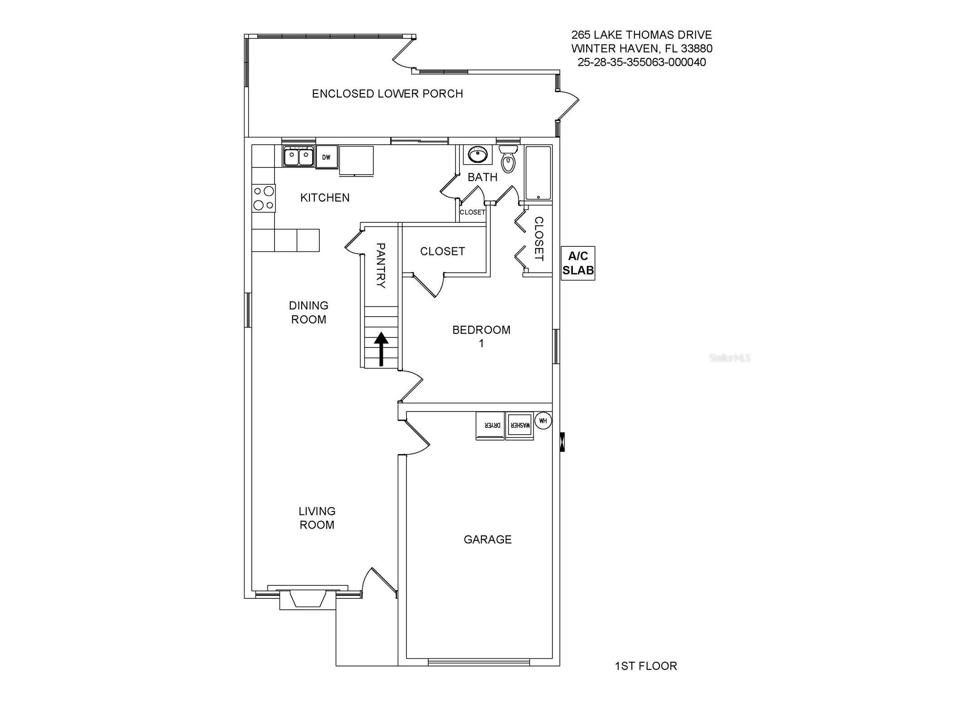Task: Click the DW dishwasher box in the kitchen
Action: [x=326, y=157]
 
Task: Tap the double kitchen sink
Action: [x=298, y=157]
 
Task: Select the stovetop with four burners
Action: [x=263, y=198]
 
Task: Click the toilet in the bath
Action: [x=508, y=159]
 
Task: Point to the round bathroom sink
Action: [x=477, y=155]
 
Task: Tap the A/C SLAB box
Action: [x=577, y=263]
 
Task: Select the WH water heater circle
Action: [x=543, y=421]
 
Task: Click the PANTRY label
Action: [x=381, y=265]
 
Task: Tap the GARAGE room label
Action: [x=487, y=539]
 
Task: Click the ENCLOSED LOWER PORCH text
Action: [x=387, y=93]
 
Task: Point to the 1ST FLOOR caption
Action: [x=645, y=666]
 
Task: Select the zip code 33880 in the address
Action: [x=696, y=48]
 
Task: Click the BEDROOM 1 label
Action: [x=481, y=336]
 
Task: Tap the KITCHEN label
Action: [x=325, y=197]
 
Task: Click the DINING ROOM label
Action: [x=308, y=312]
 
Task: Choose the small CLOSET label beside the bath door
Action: [x=472, y=212]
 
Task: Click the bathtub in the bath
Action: [x=538, y=173]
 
